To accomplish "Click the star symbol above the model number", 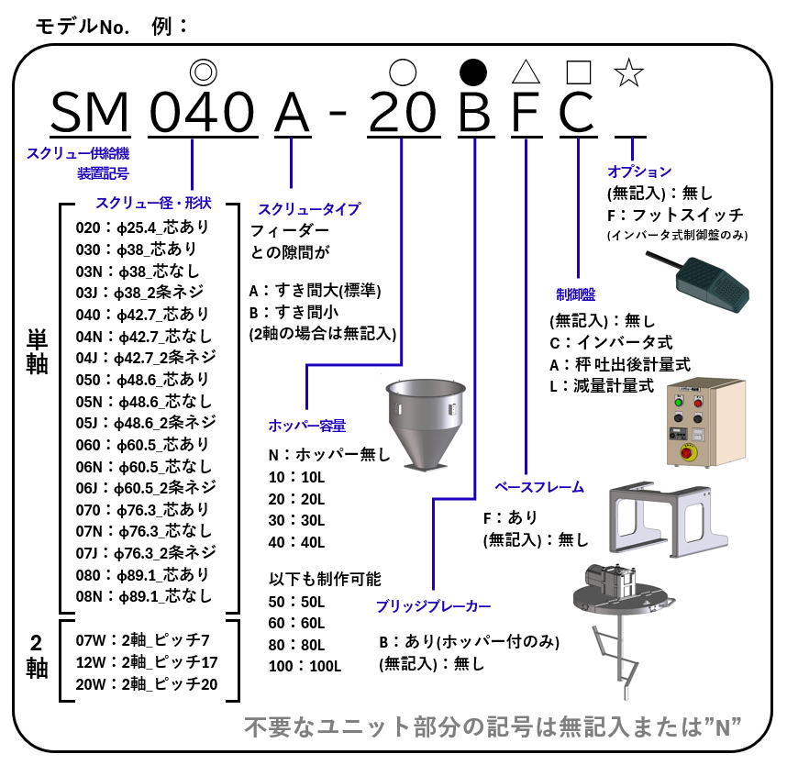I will click(x=628, y=72).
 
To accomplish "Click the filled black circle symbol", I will click(x=472, y=72).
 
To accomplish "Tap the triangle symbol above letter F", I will click(x=525, y=72).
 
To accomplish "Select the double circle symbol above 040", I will click(x=202, y=72).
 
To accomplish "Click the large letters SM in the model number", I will click(x=90, y=113).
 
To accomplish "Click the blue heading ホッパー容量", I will click(x=306, y=426).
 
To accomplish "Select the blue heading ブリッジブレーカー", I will click(x=433, y=606).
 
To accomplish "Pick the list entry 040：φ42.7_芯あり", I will click(x=143, y=314).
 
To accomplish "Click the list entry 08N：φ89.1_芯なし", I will click(x=143, y=597).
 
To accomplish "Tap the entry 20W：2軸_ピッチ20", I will click(x=147, y=683).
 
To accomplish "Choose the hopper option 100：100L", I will click(x=305, y=666).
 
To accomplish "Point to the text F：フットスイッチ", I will click(x=675, y=215).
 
